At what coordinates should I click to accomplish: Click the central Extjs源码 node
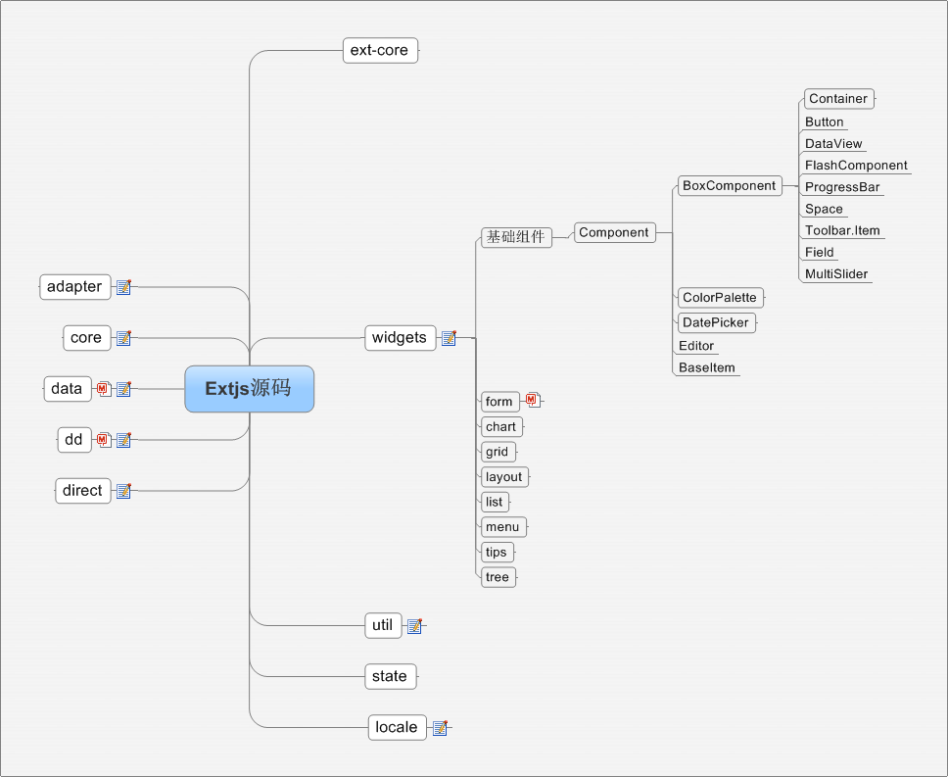point(249,389)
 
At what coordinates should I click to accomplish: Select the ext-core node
point(380,50)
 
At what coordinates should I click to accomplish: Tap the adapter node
point(74,287)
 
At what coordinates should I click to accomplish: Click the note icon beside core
point(123,338)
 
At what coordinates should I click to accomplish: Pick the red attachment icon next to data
point(104,389)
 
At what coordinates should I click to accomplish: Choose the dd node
point(73,440)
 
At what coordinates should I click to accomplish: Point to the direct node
point(82,491)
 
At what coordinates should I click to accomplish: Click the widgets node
point(400,338)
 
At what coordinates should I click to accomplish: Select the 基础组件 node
point(516,237)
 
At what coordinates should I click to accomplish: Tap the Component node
point(614,233)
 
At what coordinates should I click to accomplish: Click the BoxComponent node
point(729,186)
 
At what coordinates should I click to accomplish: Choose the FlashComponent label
point(856,166)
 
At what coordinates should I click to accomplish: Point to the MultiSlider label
point(836,274)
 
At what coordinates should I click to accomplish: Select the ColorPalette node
point(720,298)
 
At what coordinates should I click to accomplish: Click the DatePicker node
point(716,322)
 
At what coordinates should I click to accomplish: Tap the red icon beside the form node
point(532,400)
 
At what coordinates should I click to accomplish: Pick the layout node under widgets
point(503,477)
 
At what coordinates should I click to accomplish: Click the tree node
point(498,577)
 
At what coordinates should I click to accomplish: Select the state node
point(390,676)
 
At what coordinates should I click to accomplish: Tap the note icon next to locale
point(440,728)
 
